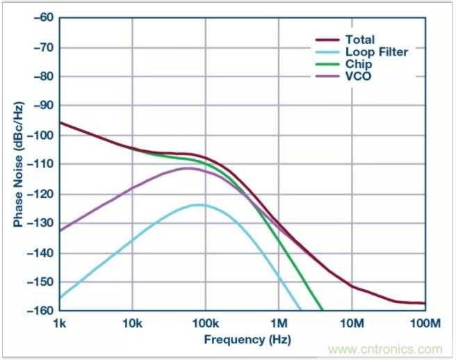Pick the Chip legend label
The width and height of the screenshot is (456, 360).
[360, 63]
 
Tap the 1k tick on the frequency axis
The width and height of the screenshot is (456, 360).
[60, 323]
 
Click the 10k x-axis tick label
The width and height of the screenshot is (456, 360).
[132, 323]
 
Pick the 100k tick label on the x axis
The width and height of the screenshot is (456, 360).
[205, 323]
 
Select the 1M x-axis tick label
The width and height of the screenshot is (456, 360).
[279, 323]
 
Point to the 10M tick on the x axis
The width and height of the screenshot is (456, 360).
[352, 323]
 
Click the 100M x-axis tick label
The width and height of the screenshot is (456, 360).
[425, 323]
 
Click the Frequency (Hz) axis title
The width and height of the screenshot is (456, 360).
[243, 340]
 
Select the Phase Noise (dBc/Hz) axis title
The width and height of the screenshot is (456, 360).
[17, 164]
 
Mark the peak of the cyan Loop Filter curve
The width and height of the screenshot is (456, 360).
[199, 204]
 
